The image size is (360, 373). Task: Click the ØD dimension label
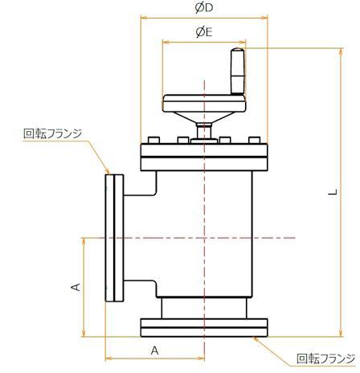[x=203, y=8]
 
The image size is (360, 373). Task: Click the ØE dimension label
[x=203, y=32]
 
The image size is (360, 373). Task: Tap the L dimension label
[x=333, y=192]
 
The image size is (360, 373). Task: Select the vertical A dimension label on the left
[x=75, y=287]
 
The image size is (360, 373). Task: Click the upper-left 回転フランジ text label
[x=53, y=133]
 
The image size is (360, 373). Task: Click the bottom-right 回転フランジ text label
[x=325, y=359]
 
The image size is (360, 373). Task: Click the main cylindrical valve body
[x=209, y=233]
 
